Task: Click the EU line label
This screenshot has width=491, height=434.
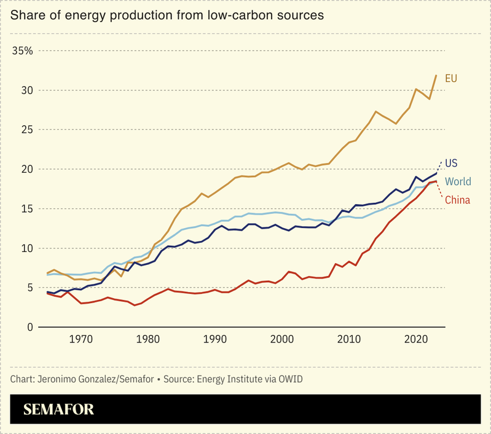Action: tap(451, 78)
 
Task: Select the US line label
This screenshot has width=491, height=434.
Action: tap(452, 163)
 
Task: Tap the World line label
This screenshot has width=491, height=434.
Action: tap(458, 181)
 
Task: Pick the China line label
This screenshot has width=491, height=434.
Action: tap(457, 199)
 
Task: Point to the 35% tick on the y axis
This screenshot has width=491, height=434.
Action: tap(22, 50)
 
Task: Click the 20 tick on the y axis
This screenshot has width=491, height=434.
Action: tap(26, 169)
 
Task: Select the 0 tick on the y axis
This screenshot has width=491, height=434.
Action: tap(29, 327)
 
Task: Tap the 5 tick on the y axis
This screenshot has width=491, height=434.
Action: tap(29, 288)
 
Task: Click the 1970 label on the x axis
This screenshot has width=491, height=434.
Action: tap(81, 339)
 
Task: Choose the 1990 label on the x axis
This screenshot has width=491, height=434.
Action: tap(215, 339)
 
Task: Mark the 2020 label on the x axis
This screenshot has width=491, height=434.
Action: tap(417, 339)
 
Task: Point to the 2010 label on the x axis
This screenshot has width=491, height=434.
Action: tap(349, 339)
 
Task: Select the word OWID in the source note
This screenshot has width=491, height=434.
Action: tap(289, 379)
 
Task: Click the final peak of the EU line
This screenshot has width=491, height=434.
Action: tap(436, 76)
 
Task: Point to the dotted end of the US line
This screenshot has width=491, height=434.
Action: tap(439, 165)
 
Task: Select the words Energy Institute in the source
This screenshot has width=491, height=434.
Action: tap(230, 379)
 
